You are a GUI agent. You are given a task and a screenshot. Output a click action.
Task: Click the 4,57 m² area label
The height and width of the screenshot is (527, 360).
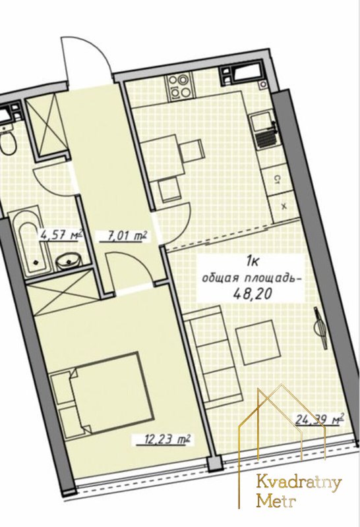(61, 233)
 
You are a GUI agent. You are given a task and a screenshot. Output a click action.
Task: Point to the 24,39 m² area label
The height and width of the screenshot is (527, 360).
(319, 420)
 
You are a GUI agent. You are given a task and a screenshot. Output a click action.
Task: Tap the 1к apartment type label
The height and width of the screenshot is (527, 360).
(253, 261)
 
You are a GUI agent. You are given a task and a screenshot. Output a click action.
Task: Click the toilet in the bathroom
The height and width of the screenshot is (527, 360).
(7, 142)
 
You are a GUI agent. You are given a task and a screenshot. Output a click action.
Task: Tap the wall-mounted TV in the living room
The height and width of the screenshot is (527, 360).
(321, 328)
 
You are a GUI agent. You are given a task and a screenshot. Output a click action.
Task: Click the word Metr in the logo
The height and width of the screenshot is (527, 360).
(276, 501)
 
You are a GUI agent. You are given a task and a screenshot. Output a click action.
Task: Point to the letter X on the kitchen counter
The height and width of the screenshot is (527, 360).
(284, 206)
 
